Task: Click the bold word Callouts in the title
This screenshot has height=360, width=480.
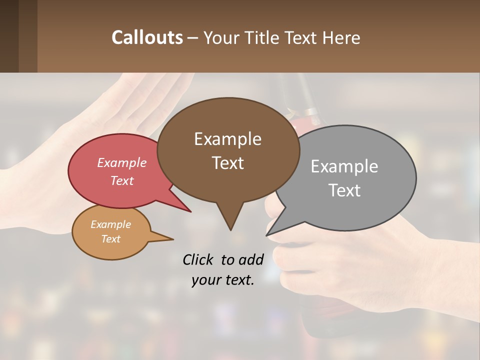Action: pyautogui.click(x=147, y=37)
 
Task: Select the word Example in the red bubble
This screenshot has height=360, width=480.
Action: pyautogui.click(x=122, y=162)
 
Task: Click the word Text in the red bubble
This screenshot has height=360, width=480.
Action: pyautogui.click(x=122, y=180)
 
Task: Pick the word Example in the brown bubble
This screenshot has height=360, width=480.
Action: pyautogui.click(x=227, y=138)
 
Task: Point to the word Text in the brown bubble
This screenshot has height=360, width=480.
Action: pyautogui.click(x=228, y=162)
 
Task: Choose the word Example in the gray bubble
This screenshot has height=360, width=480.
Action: pyautogui.click(x=344, y=166)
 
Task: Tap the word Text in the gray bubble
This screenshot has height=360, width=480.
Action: pyautogui.click(x=345, y=190)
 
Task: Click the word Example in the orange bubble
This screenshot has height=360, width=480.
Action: pyautogui.click(x=111, y=224)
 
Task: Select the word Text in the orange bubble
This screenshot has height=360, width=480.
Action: pyautogui.click(x=111, y=239)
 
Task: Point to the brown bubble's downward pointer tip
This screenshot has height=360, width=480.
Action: pyautogui.click(x=230, y=229)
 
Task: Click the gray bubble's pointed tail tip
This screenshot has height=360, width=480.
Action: pyautogui.click(x=267, y=234)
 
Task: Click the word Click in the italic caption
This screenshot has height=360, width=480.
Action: pyautogui.click(x=199, y=259)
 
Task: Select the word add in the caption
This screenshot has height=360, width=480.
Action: pyautogui.click(x=251, y=259)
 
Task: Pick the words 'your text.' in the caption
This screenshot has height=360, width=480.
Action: pyautogui.click(x=223, y=280)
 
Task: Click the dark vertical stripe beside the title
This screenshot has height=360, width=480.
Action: pyautogui.click(x=28, y=36)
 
